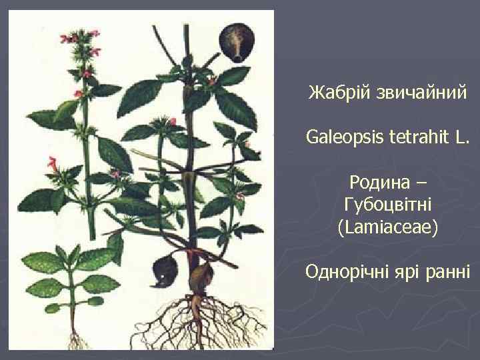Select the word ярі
[413, 273]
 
